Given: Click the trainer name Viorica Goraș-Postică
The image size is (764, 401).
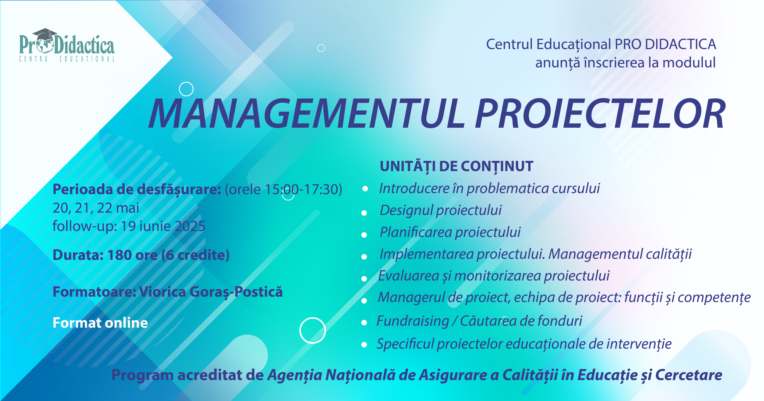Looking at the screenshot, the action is coord(211,292).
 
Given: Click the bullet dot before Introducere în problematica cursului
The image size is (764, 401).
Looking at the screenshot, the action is coord(365,189).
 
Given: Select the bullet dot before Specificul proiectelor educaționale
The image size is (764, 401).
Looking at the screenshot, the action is coord(364,345).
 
